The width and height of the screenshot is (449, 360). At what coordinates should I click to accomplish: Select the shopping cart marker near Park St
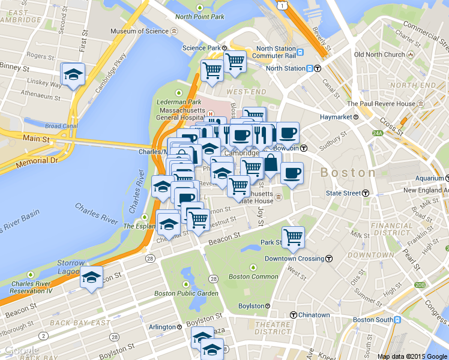[293, 236]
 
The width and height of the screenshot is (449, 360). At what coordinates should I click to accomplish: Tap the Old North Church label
[379, 55]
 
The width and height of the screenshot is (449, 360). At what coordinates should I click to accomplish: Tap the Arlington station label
[162, 327]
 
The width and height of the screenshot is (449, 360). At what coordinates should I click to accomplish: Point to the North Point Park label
[200, 16]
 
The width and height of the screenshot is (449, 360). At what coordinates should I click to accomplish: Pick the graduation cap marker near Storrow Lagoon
[91, 278]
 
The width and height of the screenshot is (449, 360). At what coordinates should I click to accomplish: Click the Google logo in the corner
[20, 350]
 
